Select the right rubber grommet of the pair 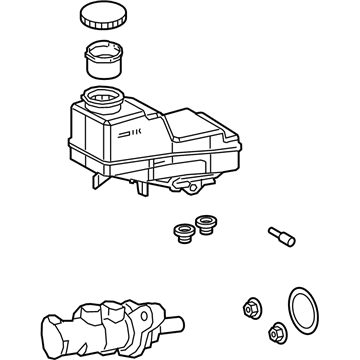(207, 225)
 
